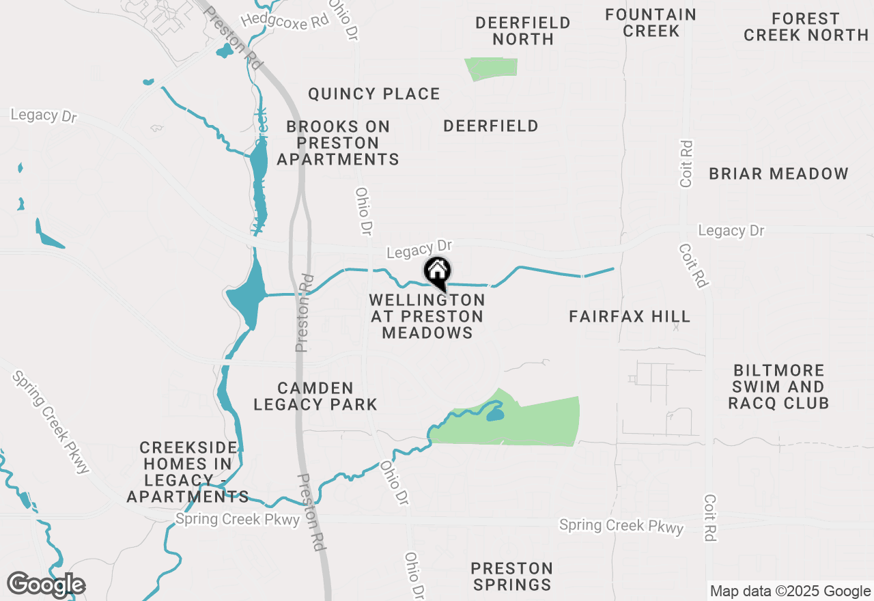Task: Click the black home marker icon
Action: tap(437, 272)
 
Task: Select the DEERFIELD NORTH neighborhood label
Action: tap(523, 31)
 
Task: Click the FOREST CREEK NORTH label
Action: tap(806, 27)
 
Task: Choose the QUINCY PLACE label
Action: tap(374, 94)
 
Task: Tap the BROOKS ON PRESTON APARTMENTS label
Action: tap(338, 143)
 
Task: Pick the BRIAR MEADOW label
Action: tap(778, 173)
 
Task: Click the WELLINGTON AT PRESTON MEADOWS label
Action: tap(427, 316)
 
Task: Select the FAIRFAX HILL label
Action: tap(630, 316)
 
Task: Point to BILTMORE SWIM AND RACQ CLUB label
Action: tap(778, 387)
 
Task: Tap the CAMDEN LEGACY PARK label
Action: tap(315, 396)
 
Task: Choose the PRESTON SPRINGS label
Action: tap(512, 576)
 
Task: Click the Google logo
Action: tap(46, 585)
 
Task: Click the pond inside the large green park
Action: tap(495, 414)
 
